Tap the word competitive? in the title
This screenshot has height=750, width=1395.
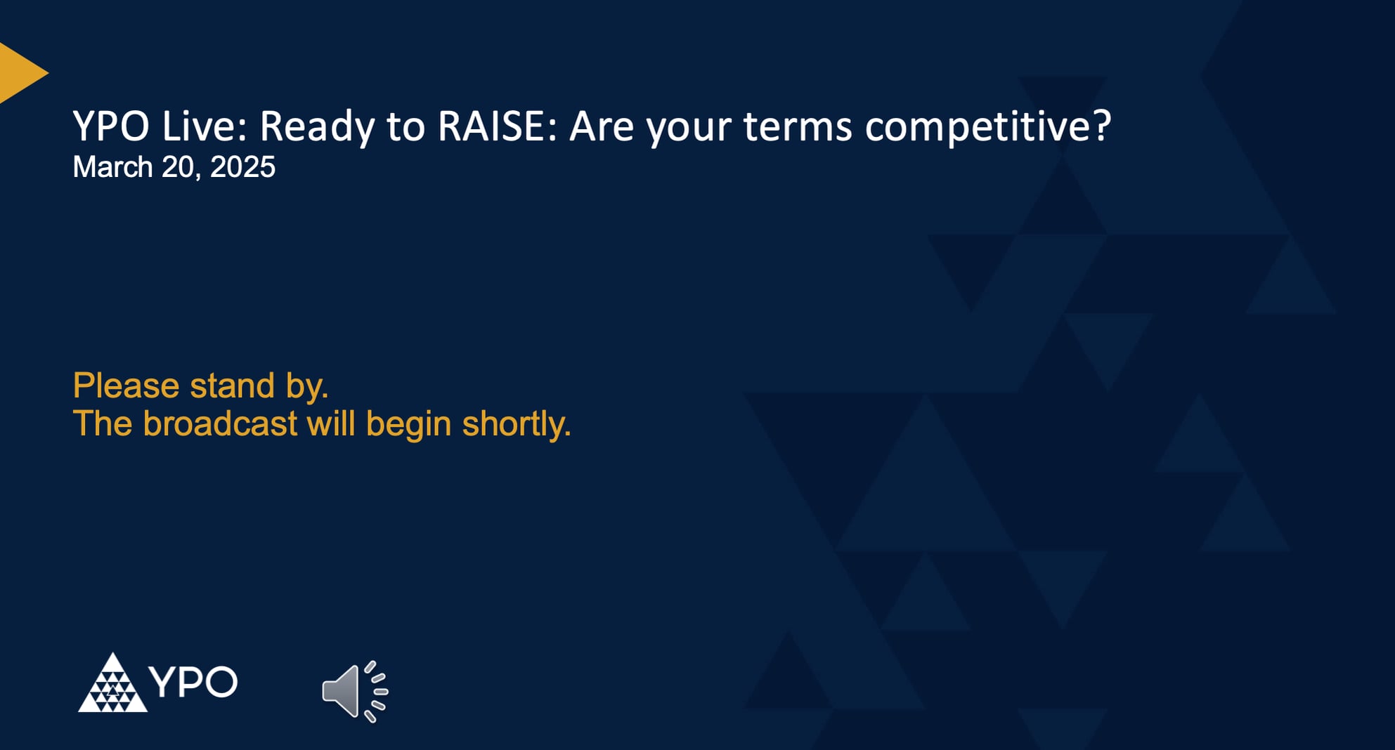pyautogui.click(x=987, y=126)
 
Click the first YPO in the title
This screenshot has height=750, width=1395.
pyautogui.click(x=111, y=126)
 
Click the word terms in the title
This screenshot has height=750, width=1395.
pyautogui.click(x=798, y=126)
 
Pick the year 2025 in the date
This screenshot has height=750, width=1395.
pyautogui.click(x=242, y=167)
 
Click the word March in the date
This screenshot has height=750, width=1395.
pyautogui.click(x=112, y=167)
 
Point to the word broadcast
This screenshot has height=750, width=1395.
pyautogui.click(x=220, y=423)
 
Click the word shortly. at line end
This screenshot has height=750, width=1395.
pyautogui.click(x=516, y=423)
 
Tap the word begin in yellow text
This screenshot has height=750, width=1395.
pyautogui.click(x=408, y=423)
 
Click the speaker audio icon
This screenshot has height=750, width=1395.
pyautogui.click(x=354, y=691)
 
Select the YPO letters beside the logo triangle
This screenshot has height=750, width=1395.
pyautogui.click(x=193, y=682)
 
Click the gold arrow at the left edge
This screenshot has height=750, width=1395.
pyautogui.click(x=20, y=72)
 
